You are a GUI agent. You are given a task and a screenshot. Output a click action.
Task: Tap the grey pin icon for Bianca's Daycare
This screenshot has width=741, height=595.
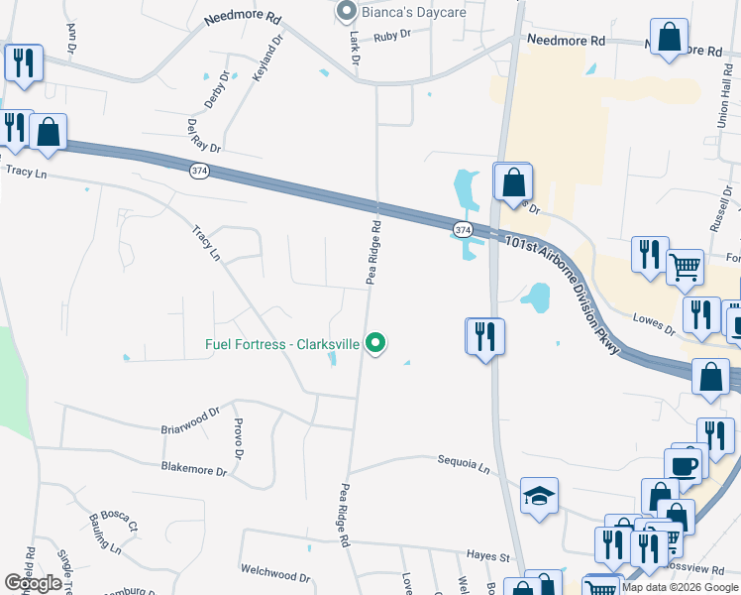click(346, 11)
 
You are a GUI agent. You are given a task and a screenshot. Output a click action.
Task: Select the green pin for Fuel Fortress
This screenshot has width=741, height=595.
click(375, 344)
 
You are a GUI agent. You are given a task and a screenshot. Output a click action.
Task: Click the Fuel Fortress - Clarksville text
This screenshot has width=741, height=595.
click(282, 345)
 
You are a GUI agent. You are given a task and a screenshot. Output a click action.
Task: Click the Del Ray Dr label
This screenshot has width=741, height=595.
click(202, 135)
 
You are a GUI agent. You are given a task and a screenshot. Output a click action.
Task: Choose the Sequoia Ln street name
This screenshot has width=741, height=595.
click(465, 462)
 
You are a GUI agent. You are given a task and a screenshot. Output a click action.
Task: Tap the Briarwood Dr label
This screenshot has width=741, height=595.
click(190, 420)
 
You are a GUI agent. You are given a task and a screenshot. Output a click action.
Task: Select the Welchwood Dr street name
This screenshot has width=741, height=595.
click(275, 572)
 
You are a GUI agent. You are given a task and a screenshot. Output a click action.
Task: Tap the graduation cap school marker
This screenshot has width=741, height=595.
click(539, 496)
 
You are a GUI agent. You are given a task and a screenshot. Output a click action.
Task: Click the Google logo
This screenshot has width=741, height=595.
click(32, 583)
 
